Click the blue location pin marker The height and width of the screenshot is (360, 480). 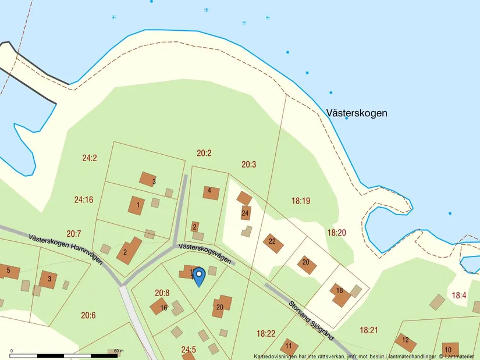(x=199, y=277)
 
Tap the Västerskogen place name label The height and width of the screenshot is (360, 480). (x=357, y=113)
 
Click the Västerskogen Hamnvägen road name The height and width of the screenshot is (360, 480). (x=65, y=248)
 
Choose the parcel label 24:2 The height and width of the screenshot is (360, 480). (x=90, y=158)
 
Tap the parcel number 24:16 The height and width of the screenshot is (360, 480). (x=84, y=199)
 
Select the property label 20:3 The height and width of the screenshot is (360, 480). (x=248, y=165)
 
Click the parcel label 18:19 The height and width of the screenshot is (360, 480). (x=301, y=201)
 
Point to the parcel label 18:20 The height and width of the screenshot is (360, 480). (x=336, y=233)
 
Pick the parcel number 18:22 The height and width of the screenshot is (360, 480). (x=266, y=333)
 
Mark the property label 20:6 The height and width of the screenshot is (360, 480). (x=88, y=315)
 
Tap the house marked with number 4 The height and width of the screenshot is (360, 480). (x=211, y=193)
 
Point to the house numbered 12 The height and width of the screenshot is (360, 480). (x=406, y=342)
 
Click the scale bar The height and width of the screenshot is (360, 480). (x=64, y=354)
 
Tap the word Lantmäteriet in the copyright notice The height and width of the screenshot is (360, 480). (x=459, y=356)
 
